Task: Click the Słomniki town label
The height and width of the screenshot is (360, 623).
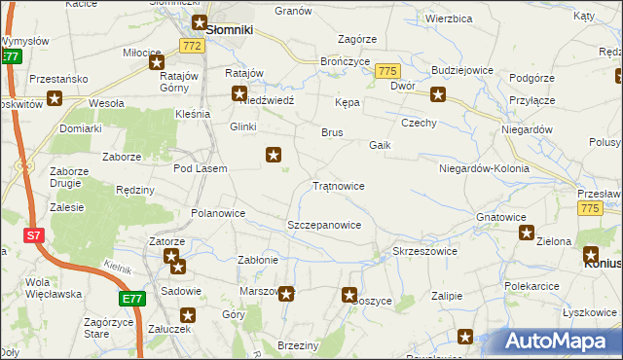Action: [230, 30]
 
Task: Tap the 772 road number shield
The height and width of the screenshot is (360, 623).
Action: [192, 46]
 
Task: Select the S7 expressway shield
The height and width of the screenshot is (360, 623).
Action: [34, 235]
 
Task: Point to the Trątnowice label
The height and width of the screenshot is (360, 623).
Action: [338, 185]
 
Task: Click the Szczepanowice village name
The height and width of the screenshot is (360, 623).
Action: [324, 225]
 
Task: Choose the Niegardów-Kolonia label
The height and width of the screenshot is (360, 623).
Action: [484, 168]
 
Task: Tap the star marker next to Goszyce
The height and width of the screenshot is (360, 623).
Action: [350, 295]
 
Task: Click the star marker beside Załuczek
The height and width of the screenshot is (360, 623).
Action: [189, 315]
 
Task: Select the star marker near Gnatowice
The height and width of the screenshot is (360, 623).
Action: [527, 234]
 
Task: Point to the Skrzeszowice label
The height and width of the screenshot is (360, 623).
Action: [424, 251]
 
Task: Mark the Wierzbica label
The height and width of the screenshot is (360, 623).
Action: [449, 18]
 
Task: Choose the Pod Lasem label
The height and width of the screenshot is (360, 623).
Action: [200, 168]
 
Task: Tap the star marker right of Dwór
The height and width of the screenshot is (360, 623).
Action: [438, 94]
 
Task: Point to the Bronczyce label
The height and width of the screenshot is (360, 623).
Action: [343, 60]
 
